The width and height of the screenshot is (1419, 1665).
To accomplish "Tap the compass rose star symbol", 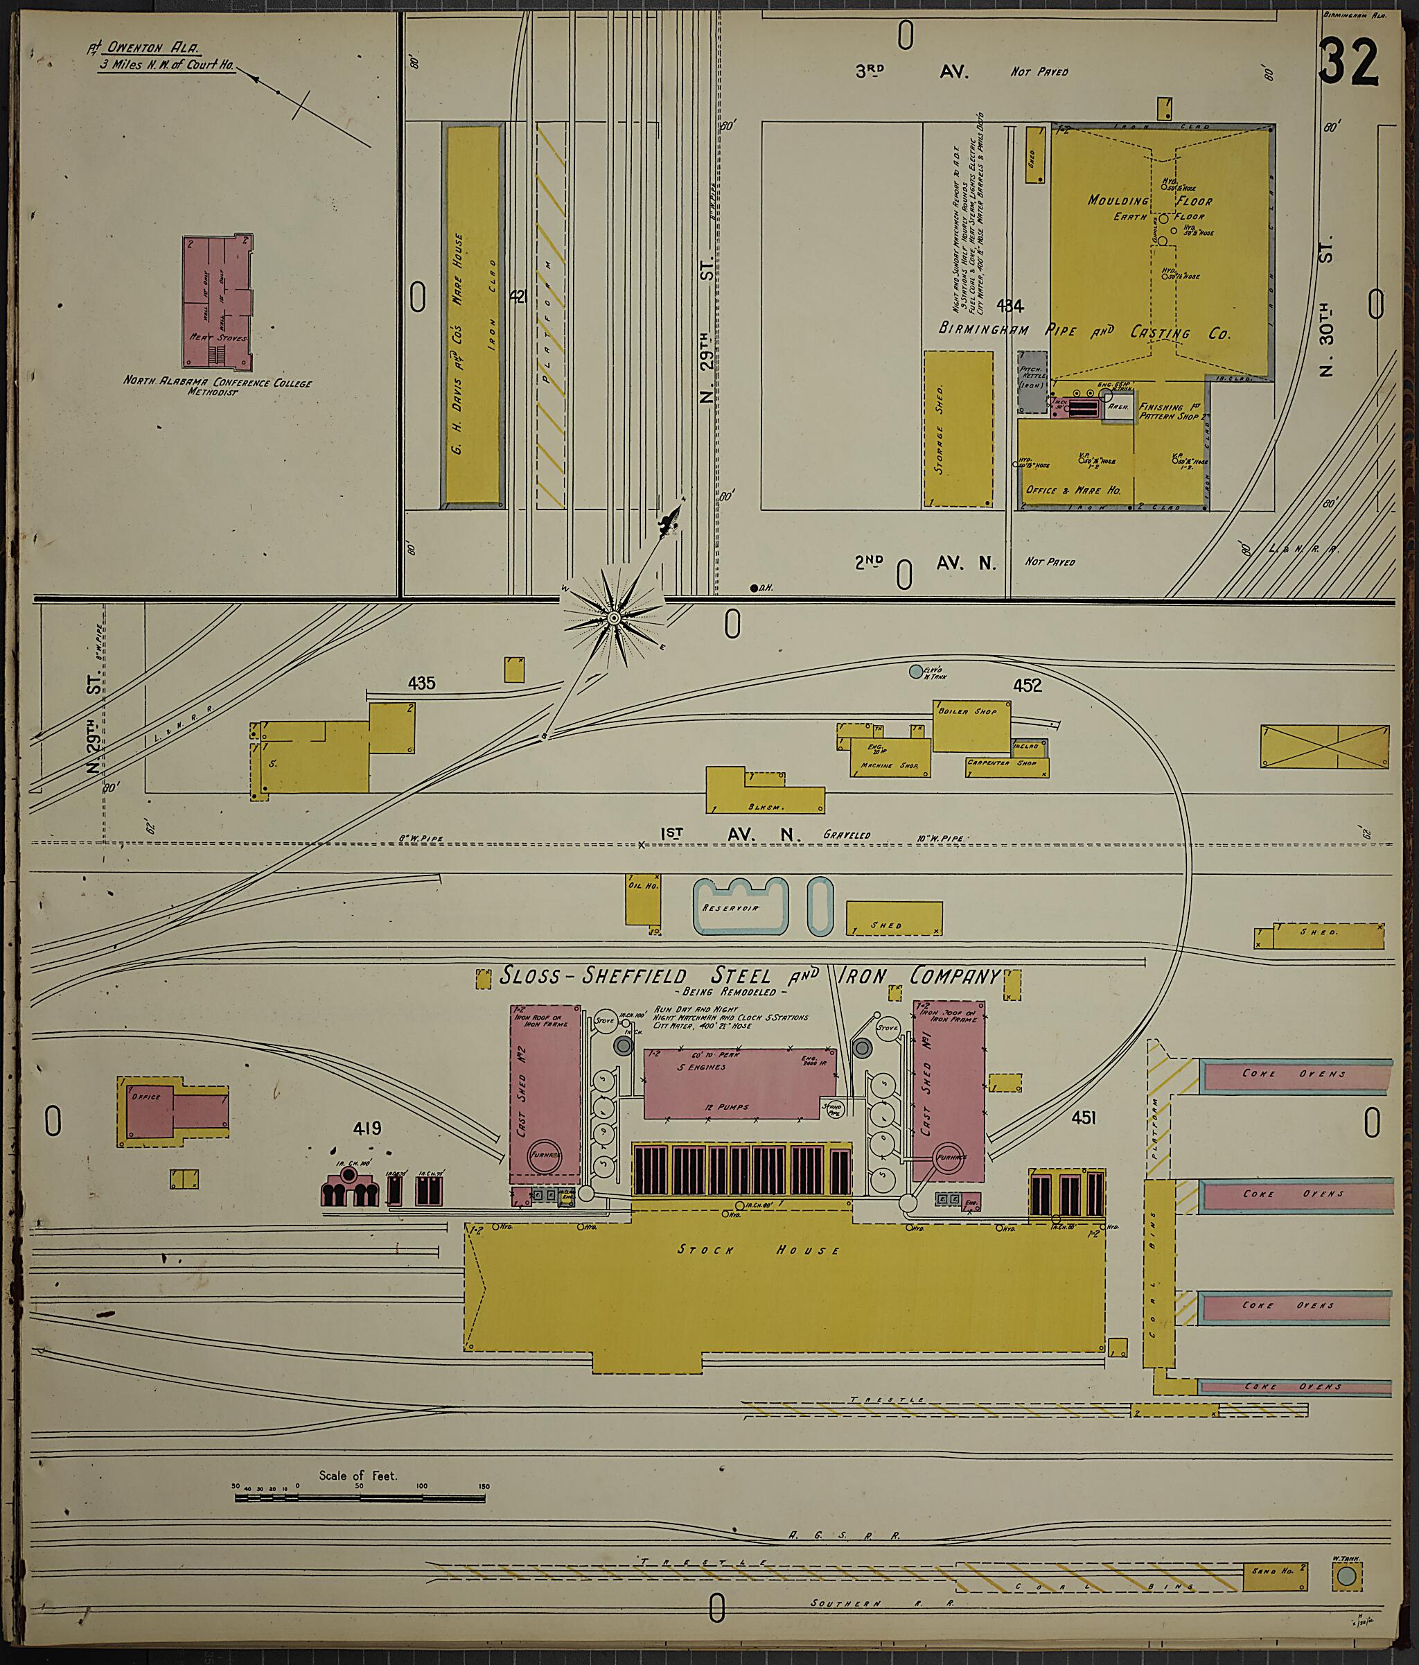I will tap(613, 618).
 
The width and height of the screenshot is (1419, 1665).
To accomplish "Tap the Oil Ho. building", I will tap(642, 903).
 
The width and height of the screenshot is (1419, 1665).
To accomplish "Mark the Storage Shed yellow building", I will tap(958, 428).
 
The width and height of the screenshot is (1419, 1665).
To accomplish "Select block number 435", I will tap(421, 684).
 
